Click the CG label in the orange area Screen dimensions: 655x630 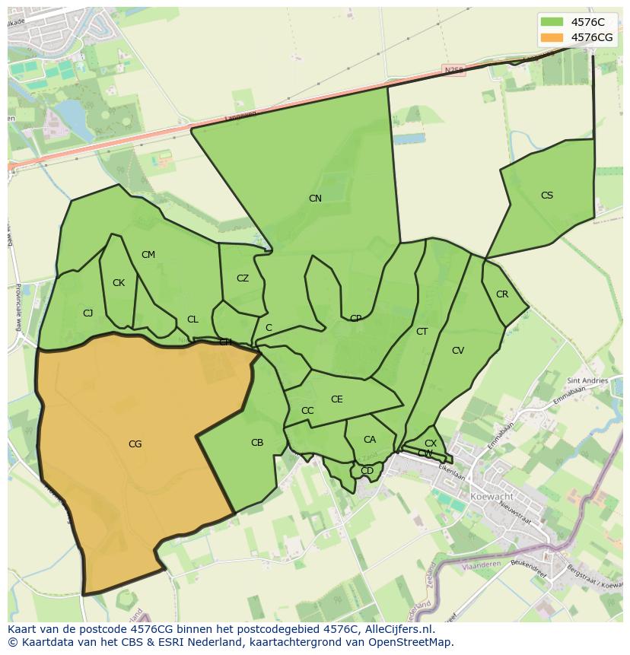[135, 444]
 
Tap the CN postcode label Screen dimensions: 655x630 [315, 199]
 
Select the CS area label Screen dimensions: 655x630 [547, 196]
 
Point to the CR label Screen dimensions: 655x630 [502, 294]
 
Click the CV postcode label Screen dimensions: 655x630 [458, 351]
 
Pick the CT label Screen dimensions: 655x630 [422, 332]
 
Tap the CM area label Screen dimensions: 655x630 [148, 255]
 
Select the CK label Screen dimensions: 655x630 [119, 283]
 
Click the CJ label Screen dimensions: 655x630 [88, 313]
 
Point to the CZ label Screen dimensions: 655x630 [243, 278]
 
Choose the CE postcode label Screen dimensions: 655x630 [337, 399]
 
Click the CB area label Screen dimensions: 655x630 [257, 443]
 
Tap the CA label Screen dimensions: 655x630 [370, 440]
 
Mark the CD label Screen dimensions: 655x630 [367, 471]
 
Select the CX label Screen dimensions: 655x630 [431, 444]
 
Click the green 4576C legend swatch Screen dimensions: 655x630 [552, 22]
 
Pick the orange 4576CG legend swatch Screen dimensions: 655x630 [552, 37]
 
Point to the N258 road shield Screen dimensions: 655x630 [453, 70]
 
